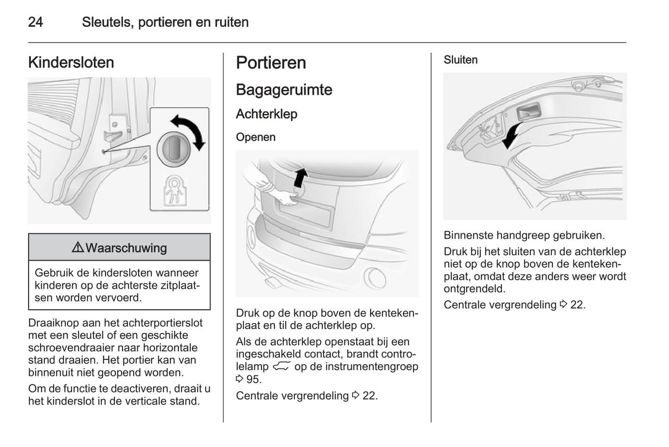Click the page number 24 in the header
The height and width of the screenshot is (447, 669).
click(36, 22)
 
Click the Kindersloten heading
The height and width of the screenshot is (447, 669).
click(71, 63)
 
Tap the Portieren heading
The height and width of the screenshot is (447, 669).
click(271, 63)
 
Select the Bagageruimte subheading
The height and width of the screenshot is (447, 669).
click(284, 90)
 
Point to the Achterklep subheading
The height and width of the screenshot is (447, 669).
click(266, 114)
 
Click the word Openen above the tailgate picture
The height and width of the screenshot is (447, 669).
click(256, 137)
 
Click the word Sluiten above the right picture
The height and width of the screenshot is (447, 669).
click(460, 60)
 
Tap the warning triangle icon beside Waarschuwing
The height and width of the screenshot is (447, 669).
click(78, 248)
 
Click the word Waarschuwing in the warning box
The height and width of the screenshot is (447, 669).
click(126, 248)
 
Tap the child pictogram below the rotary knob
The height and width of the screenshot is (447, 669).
click(175, 189)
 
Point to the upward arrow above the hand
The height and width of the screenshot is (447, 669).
click(301, 177)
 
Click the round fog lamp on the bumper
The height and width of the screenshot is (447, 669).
click(374, 277)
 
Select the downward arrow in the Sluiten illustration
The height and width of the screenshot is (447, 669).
click(512, 135)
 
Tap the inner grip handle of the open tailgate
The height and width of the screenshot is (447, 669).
click(529, 113)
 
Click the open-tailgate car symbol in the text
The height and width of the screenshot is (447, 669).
click(281, 367)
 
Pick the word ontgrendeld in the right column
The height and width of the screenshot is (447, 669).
click(474, 289)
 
